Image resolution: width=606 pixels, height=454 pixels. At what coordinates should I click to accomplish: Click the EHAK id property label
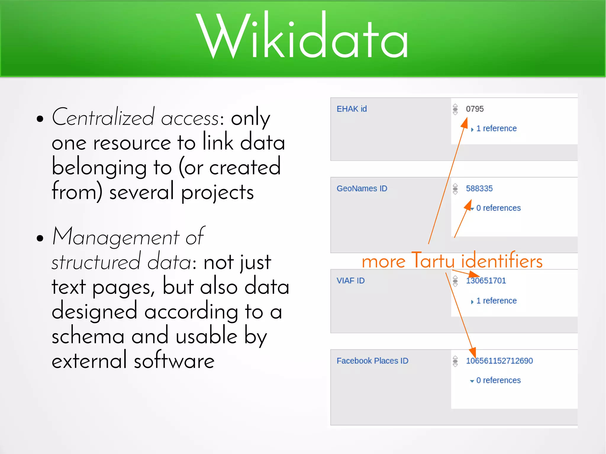352,109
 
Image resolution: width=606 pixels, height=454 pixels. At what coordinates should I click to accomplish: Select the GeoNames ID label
362,188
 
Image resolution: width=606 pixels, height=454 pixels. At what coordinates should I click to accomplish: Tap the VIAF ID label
350,280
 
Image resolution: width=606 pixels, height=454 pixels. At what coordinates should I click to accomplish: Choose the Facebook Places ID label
372,361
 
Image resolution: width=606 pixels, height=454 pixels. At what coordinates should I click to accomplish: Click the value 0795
475,109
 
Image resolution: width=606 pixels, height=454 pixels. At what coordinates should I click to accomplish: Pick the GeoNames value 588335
479,188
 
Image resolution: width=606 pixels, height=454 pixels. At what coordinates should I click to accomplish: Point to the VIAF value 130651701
486,280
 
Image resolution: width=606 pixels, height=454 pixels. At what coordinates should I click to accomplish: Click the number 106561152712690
499,361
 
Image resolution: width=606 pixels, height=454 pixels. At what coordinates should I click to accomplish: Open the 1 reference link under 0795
496,128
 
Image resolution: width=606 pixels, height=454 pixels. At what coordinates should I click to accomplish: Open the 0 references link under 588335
498,208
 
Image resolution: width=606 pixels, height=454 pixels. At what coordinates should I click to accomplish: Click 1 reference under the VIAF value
496,300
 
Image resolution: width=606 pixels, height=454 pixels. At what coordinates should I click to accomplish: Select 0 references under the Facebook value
498,380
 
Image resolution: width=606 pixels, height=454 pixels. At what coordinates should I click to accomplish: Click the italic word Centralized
103,117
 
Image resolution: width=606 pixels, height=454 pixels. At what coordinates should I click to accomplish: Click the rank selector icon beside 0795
455,109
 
